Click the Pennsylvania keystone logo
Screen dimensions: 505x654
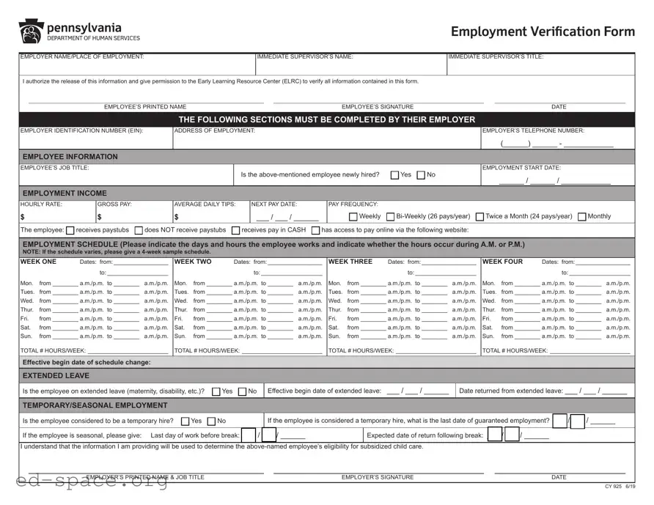(31, 32)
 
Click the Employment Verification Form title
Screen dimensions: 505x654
(543, 32)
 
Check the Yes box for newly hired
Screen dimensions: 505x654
(395, 175)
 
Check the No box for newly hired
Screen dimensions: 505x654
(421, 175)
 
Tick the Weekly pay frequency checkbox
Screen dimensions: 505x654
(353, 217)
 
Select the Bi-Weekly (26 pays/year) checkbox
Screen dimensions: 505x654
(390, 217)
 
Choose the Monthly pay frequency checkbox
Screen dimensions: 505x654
(582, 217)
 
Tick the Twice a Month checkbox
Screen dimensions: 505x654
(480, 217)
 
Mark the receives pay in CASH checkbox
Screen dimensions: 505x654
(236, 230)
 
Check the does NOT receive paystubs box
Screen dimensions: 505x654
(139, 230)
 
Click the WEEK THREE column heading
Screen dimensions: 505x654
(350, 262)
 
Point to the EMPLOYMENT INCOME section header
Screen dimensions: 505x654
(65, 193)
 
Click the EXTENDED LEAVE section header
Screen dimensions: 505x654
(56, 376)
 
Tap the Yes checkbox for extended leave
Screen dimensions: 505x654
(216, 391)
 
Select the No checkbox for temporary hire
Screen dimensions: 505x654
(211, 421)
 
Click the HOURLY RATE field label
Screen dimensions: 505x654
(41, 204)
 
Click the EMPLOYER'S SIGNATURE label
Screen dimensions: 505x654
(377, 477)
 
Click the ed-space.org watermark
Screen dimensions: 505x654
(84, 481)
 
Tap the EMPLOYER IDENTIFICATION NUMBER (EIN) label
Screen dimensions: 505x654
(81, 131)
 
